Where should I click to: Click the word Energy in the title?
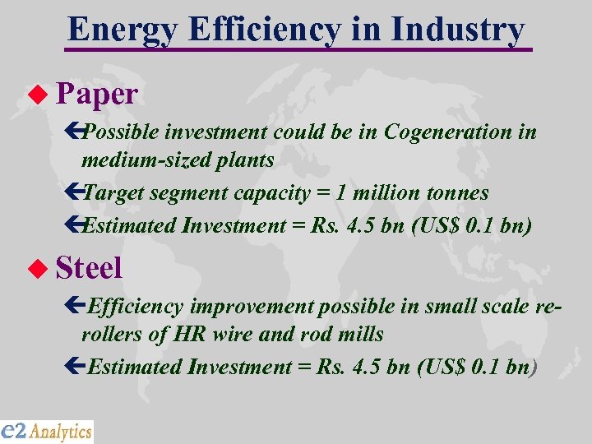point(121,30)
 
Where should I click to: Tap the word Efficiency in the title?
point(262,30)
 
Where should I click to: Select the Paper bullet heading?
point(97,94)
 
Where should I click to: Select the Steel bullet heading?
point(90,267)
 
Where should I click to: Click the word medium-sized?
point(136,161)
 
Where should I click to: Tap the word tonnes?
point(455,193)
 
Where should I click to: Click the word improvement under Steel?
point(252,307)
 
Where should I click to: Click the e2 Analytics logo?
point(47,431)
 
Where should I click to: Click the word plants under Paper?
point(246,161)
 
